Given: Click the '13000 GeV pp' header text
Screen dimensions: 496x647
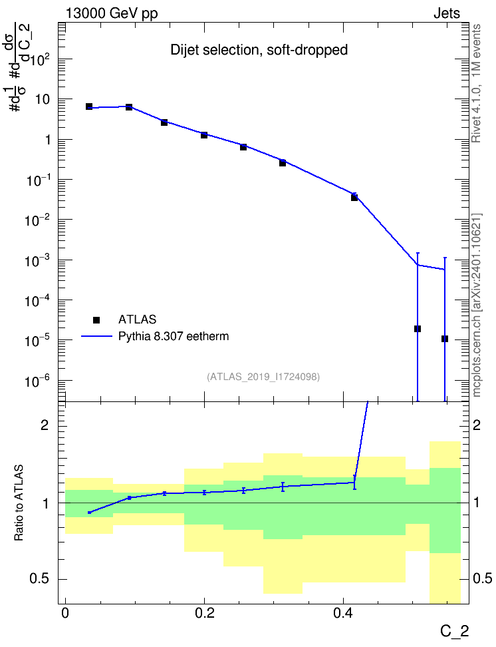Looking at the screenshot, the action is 111,13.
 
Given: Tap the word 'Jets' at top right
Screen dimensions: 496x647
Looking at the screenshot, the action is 447,13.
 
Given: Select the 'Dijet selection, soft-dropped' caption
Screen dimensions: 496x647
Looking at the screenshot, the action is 259,50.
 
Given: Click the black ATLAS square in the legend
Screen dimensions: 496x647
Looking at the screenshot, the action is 96,320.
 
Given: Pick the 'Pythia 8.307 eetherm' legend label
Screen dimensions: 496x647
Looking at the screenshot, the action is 173,336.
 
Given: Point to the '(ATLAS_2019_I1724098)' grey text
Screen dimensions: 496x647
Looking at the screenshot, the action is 263,376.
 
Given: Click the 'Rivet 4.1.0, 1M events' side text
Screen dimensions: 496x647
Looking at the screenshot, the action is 476,83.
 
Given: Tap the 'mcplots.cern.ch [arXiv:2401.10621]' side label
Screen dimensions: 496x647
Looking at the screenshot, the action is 476,305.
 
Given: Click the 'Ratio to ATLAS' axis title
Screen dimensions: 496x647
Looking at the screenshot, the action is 19,503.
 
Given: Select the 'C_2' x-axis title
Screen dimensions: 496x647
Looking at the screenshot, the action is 454,631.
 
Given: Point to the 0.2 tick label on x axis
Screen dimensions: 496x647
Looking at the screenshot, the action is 205,613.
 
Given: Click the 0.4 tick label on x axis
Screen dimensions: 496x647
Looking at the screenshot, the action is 343,613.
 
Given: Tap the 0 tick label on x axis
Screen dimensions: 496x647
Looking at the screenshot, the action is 65,613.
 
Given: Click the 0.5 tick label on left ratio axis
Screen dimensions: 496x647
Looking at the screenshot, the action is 41,578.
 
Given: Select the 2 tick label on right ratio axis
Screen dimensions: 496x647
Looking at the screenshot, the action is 477,425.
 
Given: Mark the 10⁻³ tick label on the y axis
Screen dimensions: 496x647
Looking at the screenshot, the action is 39,260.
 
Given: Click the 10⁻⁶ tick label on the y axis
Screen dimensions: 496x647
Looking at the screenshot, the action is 39,381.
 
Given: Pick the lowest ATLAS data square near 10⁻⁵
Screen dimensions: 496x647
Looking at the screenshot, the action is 444,339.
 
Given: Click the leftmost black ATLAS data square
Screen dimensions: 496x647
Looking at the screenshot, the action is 89,107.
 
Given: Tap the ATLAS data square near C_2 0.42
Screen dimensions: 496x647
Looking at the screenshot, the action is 354,198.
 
